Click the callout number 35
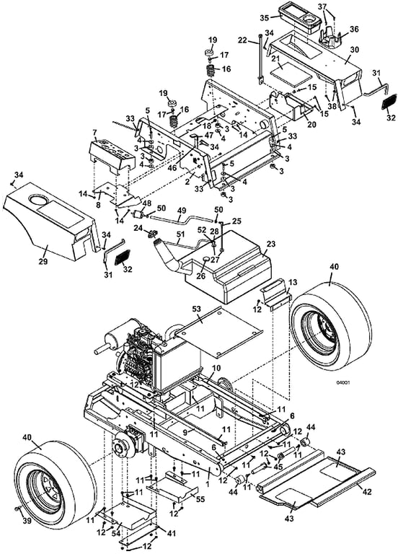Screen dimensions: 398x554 coord(265,17)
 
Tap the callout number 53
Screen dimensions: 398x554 coord(196,309)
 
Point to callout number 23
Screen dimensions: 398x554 coord(271,244)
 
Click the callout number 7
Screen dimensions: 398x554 coord(94,133)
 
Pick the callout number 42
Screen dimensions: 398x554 coord(367,491)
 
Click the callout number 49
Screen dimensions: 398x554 coord(182,211)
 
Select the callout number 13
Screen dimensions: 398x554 coord(293,282)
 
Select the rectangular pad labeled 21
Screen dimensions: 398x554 coord(291,73)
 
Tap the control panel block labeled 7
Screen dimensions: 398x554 coord(112,156)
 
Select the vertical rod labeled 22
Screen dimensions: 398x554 coord(260,58)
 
